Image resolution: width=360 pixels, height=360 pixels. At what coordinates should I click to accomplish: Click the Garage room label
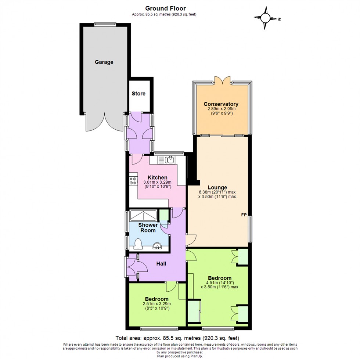point(104,62)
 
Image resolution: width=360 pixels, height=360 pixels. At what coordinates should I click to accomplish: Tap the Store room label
point(138,93)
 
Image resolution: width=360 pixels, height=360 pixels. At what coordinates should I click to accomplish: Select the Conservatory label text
point(221,104)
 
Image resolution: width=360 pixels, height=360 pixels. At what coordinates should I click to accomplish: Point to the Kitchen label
point(157,177)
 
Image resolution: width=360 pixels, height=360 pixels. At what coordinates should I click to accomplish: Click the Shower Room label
point(148,227)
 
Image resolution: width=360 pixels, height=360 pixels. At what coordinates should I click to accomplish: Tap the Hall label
point(161,263)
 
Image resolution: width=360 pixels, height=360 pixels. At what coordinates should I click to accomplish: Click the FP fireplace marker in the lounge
point(244,215)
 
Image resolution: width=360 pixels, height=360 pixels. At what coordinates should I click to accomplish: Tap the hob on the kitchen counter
point(133,181)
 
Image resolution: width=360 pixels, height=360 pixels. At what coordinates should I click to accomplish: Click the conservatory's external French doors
point(223,80)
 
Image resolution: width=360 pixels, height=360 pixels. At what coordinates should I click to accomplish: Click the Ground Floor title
point(165,8)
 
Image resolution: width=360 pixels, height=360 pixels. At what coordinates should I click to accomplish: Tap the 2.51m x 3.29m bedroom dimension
point(156,304)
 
